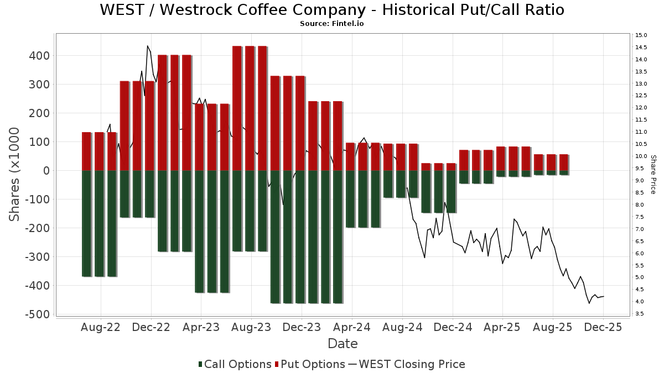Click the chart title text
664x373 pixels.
click(x=332, y=10)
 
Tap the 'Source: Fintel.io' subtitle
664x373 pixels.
click(x=331, y=24)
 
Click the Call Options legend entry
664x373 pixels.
click(x=235, y=364)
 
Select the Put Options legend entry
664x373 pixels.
click(x=309, y=364)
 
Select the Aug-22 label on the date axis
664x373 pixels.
click(x=101, y=327)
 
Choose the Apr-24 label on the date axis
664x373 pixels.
click(x=352, y=327)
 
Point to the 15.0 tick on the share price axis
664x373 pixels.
click(x=641, y=35)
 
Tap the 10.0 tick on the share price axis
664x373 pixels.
click(x=641, y=156)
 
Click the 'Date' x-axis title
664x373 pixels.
click(x=343, y=344)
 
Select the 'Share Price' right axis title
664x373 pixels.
click(x=653, y=174)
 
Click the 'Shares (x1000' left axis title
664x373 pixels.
click(x=15, y=174)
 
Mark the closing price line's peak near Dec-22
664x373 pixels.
click(x=147, y=46)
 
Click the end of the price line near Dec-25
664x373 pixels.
click(x=604, y=296)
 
